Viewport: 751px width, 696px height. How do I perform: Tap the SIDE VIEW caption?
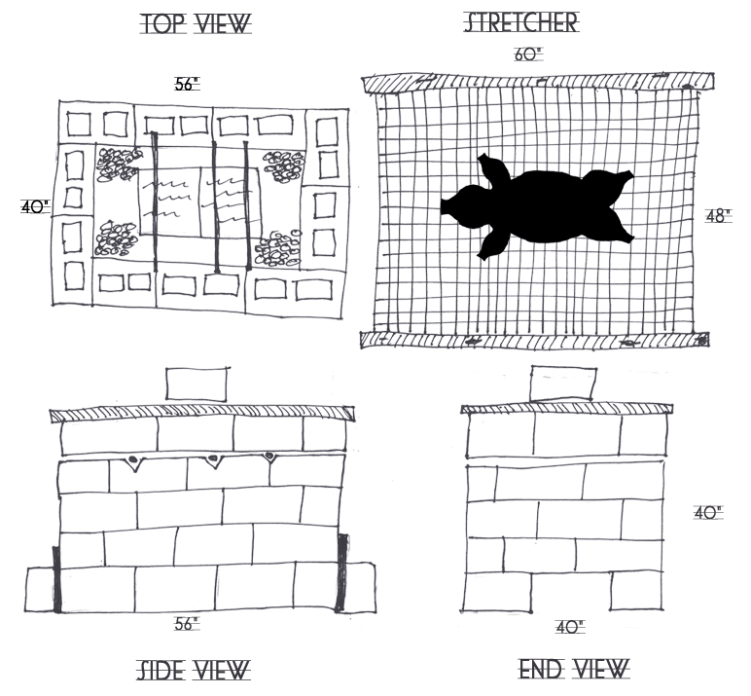pos(193,670)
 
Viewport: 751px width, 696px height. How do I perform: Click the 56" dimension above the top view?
pos(186,85)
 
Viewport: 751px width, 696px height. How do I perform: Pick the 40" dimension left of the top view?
pos(34,206)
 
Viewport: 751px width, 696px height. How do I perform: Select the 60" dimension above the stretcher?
pos(527,55)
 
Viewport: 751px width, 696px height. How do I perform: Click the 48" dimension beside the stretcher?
pos(717,216)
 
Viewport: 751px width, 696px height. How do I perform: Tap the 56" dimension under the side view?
pos(187,624)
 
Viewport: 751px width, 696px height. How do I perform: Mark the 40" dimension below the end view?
pos(569,628)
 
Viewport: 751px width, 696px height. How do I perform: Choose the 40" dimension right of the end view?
pos(707,512)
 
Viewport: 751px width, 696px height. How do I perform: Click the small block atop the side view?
pos(197,383)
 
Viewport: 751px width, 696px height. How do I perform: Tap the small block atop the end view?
pos(562,382)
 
